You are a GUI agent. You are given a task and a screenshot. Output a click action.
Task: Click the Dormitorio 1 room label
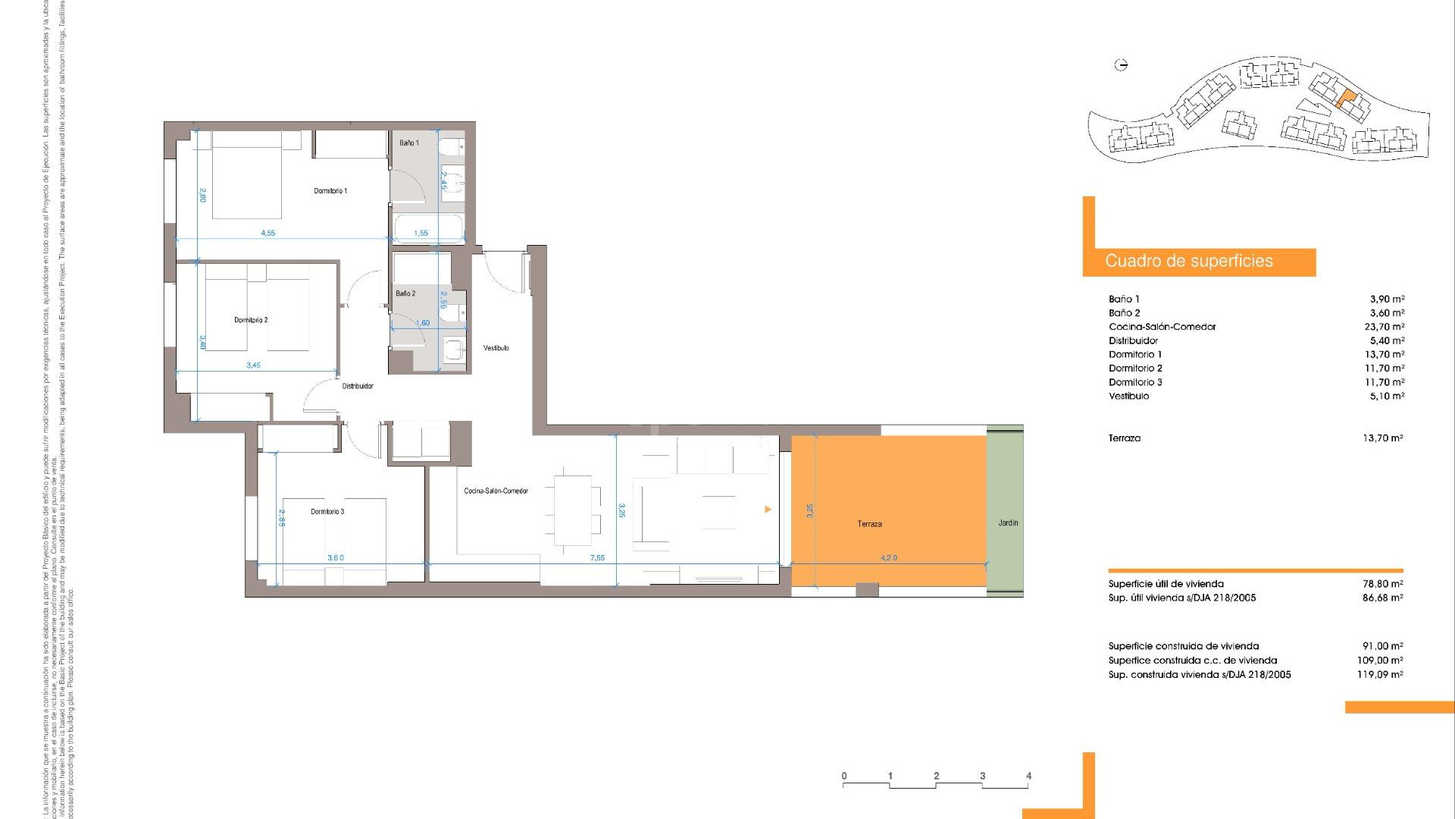pyautogui.click(x=330, y=191)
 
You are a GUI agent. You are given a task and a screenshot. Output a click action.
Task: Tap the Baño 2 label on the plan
pyautogui.click(x=405, y=293)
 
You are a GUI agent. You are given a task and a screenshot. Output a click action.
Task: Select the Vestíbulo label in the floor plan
pyautogui.click(x=496, y=348)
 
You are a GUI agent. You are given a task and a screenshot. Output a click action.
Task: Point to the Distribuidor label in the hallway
pyautogui.click(x=358, y=387)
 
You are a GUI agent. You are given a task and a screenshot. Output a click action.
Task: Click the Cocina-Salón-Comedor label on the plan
pyautogui.click(x=496, y=491)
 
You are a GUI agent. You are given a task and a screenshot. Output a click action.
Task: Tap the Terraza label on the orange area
pyautogui.click(x=869, y=524)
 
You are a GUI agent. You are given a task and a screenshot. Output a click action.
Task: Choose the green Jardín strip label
pyautogui.click(x=1008, y=523)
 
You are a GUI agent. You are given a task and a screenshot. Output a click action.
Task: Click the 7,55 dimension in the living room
pyautogui.click(x=597, y=558)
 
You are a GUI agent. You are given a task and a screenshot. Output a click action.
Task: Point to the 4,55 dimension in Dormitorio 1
pyautogui.click(x=268, y=234)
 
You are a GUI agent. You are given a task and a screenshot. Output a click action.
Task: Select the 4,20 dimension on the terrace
pyautogui.click(x=888, y=558)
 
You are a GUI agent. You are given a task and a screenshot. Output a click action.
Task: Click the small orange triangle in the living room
pyautogui.click(x=768, y=510)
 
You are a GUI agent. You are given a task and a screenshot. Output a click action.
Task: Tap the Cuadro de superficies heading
pyautogui.click(x=1188, y=262)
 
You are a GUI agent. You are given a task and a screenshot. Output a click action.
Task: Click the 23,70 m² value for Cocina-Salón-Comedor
pyautogui.click(x=1384, y=327)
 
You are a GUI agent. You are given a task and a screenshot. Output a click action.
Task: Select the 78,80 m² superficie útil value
pyautogui.click(x=1382, y=584)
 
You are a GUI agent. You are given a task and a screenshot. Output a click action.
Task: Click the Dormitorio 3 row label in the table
pyautogui.click(x=1135, y=382)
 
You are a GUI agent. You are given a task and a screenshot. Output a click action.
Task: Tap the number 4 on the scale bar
pyautogui.click(x=1028, y=776)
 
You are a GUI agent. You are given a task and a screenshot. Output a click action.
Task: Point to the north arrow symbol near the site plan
pyautogui.click(x=1122, y=65)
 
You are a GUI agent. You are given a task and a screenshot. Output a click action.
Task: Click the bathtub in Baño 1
pyautogui.click(x=427, y=227)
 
